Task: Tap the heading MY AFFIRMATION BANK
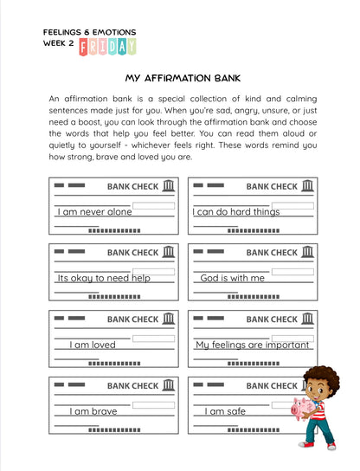179,77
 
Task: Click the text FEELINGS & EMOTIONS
89,32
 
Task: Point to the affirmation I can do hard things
236,211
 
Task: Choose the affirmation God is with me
232,278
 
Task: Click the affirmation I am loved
93,345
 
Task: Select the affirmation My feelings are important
253,345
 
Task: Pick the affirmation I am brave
93,411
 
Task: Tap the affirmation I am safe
225,411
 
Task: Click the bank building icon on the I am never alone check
168,186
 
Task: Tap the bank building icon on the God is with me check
307,253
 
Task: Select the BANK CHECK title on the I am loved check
132,319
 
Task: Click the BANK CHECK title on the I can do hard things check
272,186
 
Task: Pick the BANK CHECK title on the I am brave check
132,386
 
